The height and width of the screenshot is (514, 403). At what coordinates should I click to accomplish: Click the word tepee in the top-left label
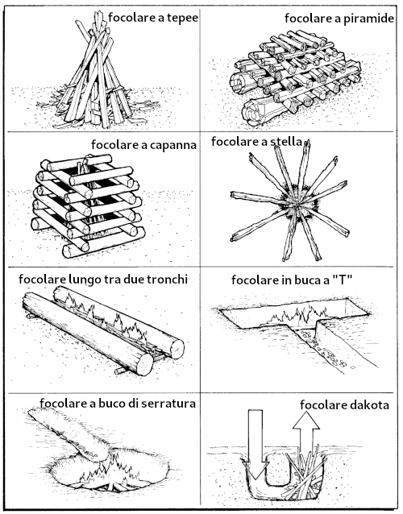click(183, 18)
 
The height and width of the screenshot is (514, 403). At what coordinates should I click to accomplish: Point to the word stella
click(286, 142)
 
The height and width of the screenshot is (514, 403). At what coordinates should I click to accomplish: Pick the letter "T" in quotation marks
click(343, 280)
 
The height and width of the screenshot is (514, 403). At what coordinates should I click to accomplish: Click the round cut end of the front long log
click(144, 364)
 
